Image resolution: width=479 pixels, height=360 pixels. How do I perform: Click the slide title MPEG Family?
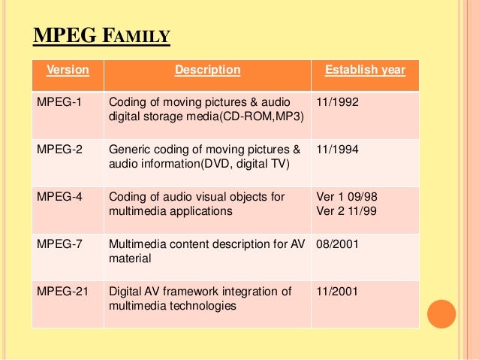tap(102, 35)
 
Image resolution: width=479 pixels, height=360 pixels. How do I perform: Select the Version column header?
tap(68, 71)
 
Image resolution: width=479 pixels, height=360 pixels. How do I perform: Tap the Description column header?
tap(207, 71)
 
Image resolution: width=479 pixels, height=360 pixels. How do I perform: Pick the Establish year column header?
tap(365, 71)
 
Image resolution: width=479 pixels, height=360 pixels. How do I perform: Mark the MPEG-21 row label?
tap(62, 292)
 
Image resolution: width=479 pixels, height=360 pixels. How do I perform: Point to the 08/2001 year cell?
tap(339, 244)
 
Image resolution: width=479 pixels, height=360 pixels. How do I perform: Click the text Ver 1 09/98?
tap(347, 197)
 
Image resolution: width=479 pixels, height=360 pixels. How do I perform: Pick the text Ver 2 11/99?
tap(347, 211)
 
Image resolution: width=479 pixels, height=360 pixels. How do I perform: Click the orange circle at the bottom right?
tap(442, 313)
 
